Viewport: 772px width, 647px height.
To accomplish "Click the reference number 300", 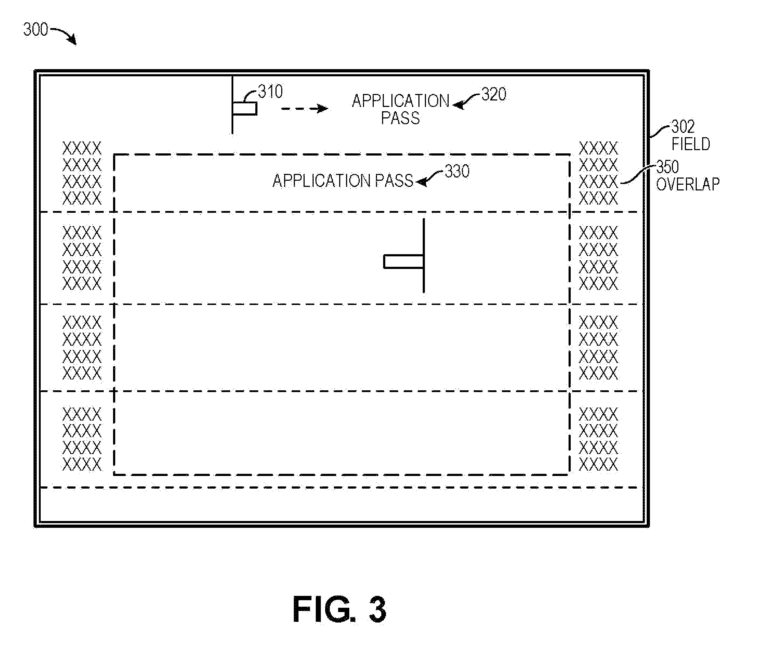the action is pyautogui.click(x=36, y=30).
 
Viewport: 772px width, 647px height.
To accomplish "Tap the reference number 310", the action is pyautogui.click(x=270, y=91).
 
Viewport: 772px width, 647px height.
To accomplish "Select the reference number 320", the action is pyautogui.click(x=494, y=94).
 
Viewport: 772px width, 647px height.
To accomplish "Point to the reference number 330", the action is pyautogui.click(x=457, y=171).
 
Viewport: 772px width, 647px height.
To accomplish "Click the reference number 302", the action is pyautogui.click(x=683, y=127).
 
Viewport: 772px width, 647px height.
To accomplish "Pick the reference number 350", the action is pyautogui.click(x=668, y=167).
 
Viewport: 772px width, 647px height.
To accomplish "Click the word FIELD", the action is pyautogui.click(x=691, y=144).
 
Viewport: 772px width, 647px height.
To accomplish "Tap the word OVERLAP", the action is pyautogui.click(x=687, y=184).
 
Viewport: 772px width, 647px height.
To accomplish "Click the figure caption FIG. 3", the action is pyautogui.click(x=339, y=610).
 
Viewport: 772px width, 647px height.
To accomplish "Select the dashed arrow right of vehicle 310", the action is pyautogui.click(x=304, y=109).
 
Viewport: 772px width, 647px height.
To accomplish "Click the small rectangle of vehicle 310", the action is pyautogui.click(x=245, y=109).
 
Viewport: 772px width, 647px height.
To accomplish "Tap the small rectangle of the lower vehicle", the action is pyautogui.click(x=404, y=262).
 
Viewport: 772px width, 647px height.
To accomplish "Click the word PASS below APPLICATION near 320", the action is pyautogui.click(x=400, y=118).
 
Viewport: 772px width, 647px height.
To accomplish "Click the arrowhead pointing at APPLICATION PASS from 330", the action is pyautogui.click(x=421, y=181).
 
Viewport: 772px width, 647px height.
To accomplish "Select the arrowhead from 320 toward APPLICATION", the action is pyautogui.click(x=458, y=105).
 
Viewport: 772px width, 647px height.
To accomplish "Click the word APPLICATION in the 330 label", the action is pyautogui.click(x=322, y=181).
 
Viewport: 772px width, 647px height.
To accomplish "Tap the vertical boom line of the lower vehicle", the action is pyautogui.click(x=424, y=256).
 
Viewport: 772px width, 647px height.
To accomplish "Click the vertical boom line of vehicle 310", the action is pyautogui.click(x=232, y=105).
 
